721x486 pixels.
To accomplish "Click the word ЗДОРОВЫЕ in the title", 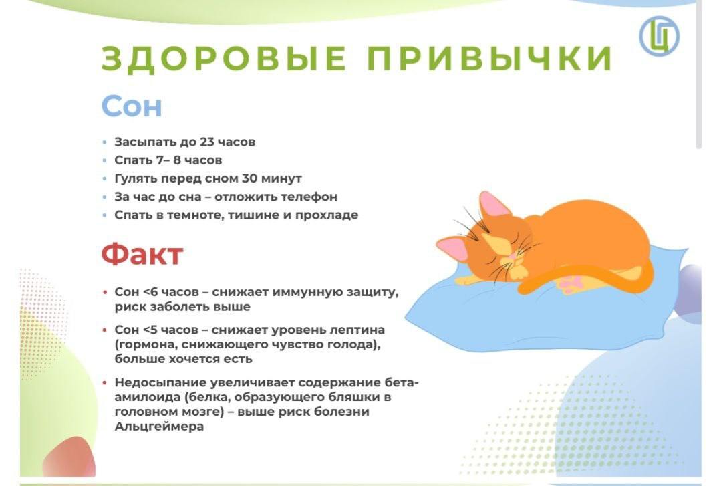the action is [x=224, y=58].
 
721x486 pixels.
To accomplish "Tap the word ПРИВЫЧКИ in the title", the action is [x=490, y=58].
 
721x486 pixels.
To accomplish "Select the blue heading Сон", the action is [x=132, y=106].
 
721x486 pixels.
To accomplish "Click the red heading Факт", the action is [x=142, y=254].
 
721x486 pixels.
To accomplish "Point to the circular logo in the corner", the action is [x=660, y=36].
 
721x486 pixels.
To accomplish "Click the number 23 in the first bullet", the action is [x=207, y=142].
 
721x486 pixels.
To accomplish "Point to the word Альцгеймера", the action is [x=159, y=427].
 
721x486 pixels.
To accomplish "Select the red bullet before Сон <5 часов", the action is [x=105, y=330].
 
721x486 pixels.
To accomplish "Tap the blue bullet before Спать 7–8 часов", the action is [x=105, y=160].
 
